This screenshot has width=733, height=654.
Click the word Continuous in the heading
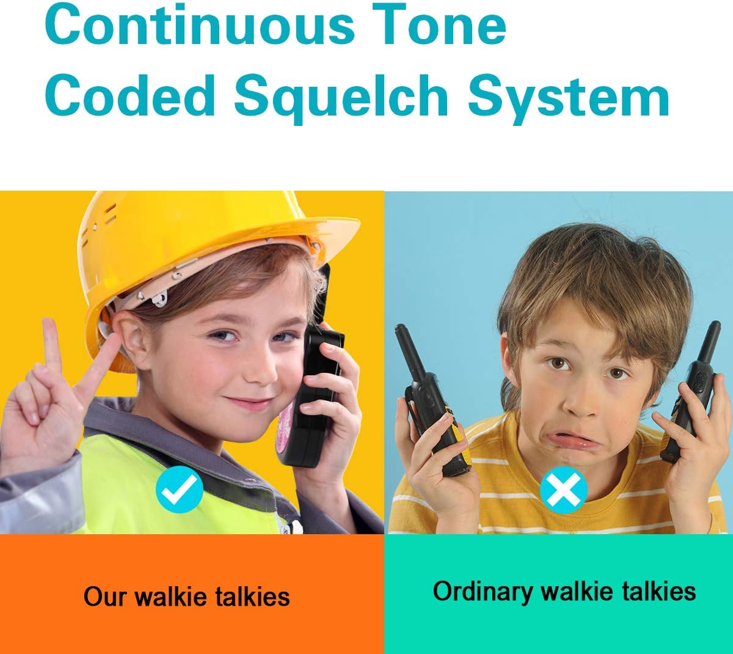(199, 24)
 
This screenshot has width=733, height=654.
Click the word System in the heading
(569, 96)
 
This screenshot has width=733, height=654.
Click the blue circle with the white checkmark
(179, 489)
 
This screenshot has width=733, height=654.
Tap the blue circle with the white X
(563, 490)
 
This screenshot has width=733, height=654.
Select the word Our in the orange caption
(105, 597)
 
